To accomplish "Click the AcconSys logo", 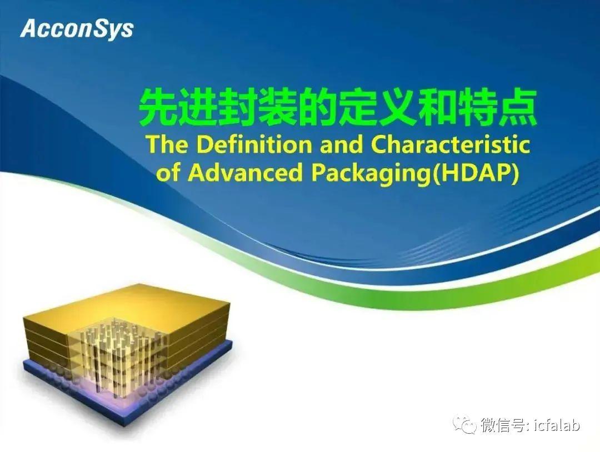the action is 77,29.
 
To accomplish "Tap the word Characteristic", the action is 451,144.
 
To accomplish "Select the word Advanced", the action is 245,173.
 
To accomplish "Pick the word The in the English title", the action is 167,144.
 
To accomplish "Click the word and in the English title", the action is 342,144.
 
